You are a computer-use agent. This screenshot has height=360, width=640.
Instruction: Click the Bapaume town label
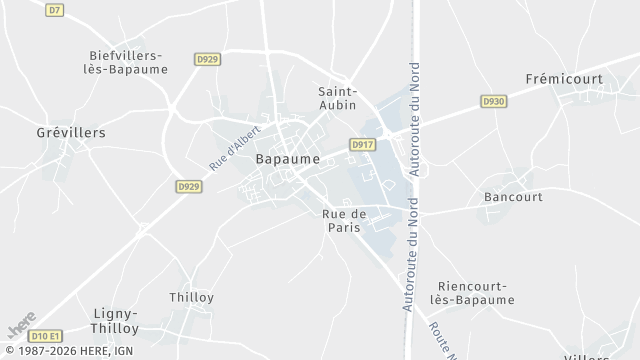click(288, 159)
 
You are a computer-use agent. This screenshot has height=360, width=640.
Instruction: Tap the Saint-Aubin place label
click(338, 98)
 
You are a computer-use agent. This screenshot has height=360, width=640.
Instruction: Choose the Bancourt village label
click(513, 197)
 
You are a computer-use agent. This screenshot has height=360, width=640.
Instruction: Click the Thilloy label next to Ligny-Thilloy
click(192, 297)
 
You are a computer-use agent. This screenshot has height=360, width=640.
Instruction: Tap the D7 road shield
click(55, 10)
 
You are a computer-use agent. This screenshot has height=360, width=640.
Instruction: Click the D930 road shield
click(493, 101)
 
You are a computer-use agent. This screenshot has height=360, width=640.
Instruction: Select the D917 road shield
click(362, 145)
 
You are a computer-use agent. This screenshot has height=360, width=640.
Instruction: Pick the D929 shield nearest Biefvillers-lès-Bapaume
click(208, 60)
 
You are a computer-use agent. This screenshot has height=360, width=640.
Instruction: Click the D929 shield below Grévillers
click(188, 186)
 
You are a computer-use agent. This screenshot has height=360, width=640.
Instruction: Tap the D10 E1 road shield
click(46, 335)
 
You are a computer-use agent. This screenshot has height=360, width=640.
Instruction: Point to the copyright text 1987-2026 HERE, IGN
click(67, 352)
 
